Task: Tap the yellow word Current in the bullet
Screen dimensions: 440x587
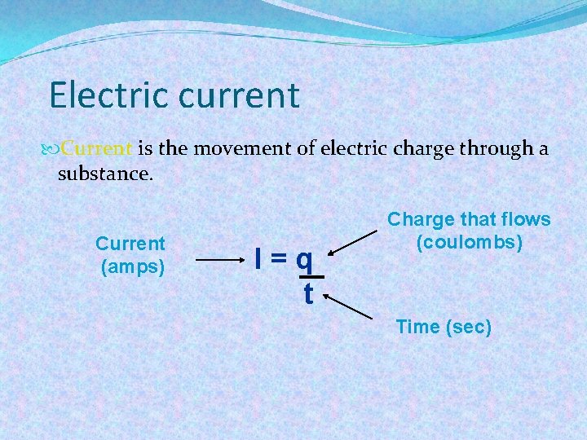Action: click(96, 149)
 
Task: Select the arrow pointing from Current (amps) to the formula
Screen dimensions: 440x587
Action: click(220, 261)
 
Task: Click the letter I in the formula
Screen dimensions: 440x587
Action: click(258, 259)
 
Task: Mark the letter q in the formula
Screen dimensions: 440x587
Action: click(304, 261)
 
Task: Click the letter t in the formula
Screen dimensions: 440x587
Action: click(307, 294)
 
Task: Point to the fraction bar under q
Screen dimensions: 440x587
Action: click(310, 276)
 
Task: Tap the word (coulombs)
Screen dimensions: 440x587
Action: click(469, 242)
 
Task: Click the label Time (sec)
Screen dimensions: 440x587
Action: click(444, 327)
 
